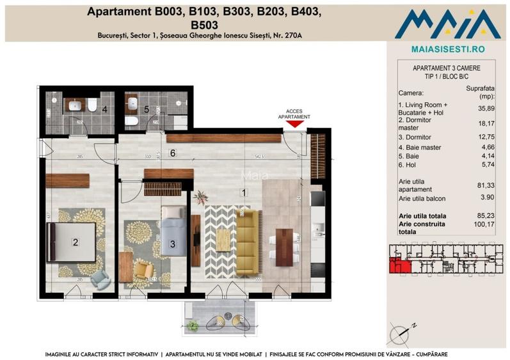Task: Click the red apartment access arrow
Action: (294, 125)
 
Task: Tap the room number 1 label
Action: (243, 191)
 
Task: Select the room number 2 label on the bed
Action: (76, 242)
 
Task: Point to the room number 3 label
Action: (172, 243)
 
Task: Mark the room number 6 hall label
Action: (172, 152)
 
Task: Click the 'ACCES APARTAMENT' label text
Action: (294, 114)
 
